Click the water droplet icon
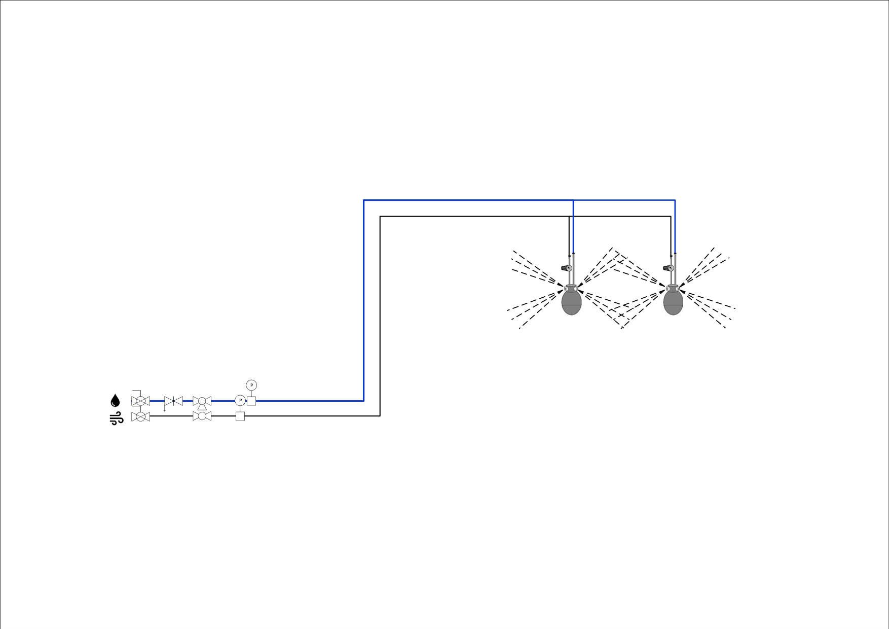pyautogui.click(x=116, y=401)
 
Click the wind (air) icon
pyautogui.click(x=117, y=419)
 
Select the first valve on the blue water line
pyautogui.click(x=140, y=400)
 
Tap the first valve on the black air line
pyautogui.click(x=140, y=416)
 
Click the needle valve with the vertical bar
pyautogui.click(x=173, y=401)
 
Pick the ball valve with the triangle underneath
pyautogui.click(x=202, y=402)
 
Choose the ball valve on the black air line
pyautogui.click(x=202, y=416)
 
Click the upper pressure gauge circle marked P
pyautogui.click(x=251, y=385)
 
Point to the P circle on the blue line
pyautogui.click(x=240, y=401)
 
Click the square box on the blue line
pyautogui.click(x=251, y=401)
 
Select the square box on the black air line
pyautogui.click(x=240, y=416)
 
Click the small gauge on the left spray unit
pyautogui.click(x=567, y=268)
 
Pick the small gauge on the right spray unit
pyautogui.click(x=668, y=268)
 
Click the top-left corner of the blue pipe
pyautogui.click(x=364, y=200)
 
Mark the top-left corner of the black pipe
pyautogui.click(x=380, y=217)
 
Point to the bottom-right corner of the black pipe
pyautogui.click(x=380, y=416)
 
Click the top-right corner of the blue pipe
pyautogui.click(x=675, y=200)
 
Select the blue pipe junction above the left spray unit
pyautogui.click(x=573, y=200)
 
